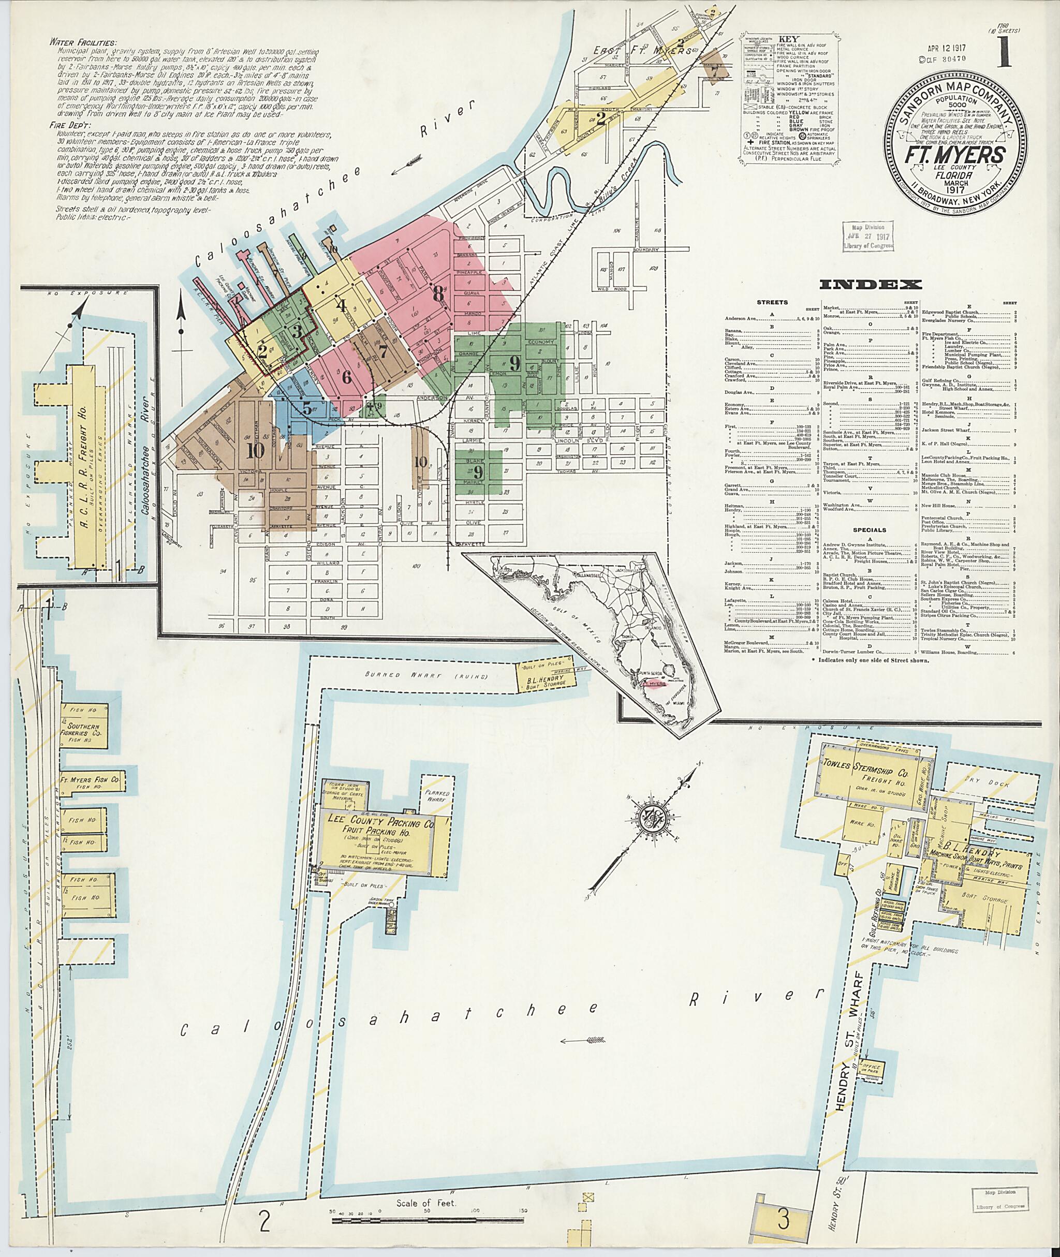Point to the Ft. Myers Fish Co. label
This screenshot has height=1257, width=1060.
coord(91,781)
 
